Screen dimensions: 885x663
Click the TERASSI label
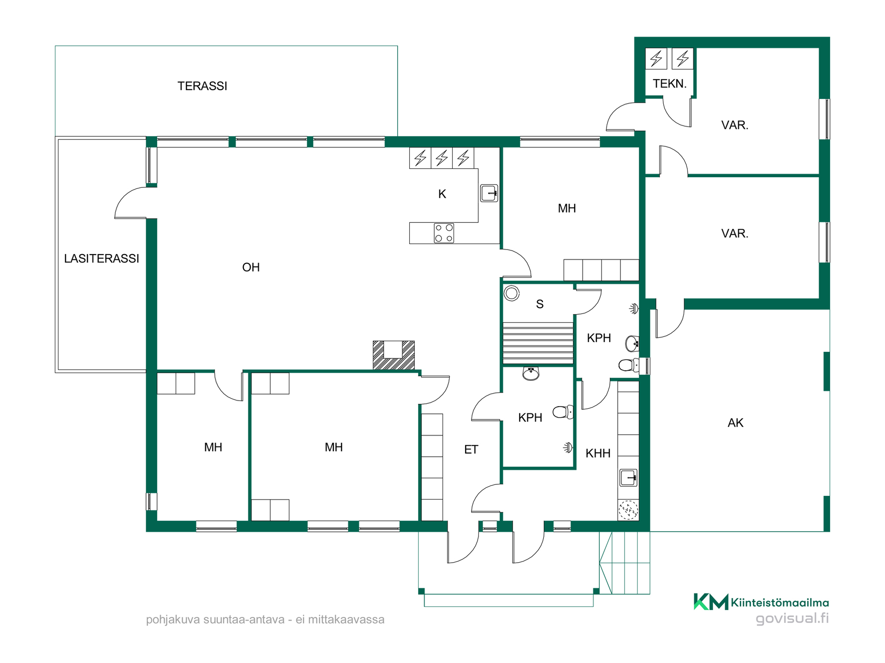[x=202, y=86]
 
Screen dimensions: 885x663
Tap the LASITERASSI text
[x=101, y=259]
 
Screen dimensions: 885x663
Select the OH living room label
[x=251, y=268]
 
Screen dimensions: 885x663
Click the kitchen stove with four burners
[x=444, y=233]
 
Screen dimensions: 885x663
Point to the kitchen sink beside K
[x=489, y=193]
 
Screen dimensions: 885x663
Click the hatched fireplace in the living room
[x=394, y=355]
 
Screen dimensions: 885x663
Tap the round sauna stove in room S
[x=512, y=293]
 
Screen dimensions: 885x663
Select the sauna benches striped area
[x=538, y=343]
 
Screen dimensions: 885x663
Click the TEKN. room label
[x=670, y=84]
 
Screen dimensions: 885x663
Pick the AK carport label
[x=736, y=423]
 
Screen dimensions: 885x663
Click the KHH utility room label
[x=598, y=454]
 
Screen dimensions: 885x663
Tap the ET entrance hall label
[x=471, y=450]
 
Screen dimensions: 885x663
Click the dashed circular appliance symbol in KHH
[x=628, y=510]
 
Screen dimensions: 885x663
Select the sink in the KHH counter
[x=628, y=477]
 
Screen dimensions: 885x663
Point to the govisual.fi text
[x=792, y=618]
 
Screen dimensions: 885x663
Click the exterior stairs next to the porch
[x=625, y=563]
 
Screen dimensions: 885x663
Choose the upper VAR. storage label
[x=735, y=125]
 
